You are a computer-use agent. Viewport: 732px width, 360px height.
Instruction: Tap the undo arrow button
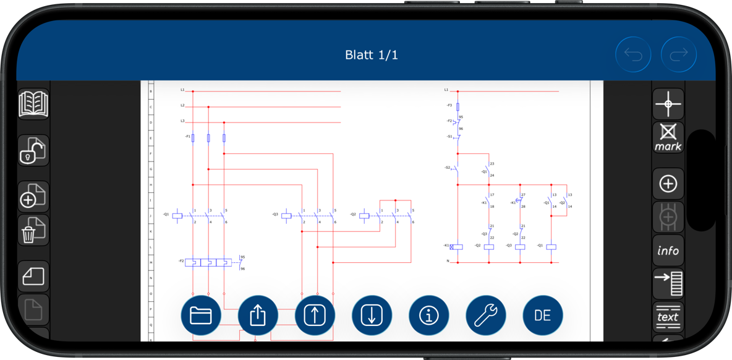[633, 54]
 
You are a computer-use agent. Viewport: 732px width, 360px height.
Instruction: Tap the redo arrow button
[679, 54]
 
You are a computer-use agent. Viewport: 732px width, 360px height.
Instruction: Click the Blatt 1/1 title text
[371, 55]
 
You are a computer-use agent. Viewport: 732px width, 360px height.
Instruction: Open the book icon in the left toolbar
[33, 104]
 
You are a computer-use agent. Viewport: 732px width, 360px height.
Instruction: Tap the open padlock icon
[33, 151]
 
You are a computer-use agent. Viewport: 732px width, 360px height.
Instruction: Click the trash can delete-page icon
[33, 230]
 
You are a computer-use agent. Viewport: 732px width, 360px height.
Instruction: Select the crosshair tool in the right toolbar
[668, 103]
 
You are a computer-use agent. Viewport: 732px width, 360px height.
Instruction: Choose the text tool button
[668, 316]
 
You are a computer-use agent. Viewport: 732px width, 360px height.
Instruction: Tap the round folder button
[201, 315]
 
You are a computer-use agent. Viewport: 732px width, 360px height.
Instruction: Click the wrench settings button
[486, 315]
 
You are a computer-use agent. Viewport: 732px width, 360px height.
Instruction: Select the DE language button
[542, 315]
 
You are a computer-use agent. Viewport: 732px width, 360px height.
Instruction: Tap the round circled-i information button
[429, 315]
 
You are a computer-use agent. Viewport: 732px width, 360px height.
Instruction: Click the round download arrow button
[372, 315]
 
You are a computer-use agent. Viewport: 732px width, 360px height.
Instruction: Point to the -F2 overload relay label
[181, 261]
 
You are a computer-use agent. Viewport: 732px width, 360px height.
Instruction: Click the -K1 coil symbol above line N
[457, 247]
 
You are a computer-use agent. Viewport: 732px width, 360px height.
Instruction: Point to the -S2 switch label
[447, 168]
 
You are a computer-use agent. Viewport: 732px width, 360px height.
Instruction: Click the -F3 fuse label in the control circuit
[449, 106]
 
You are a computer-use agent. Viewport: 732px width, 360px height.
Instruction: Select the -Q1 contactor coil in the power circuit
[177, 215]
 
